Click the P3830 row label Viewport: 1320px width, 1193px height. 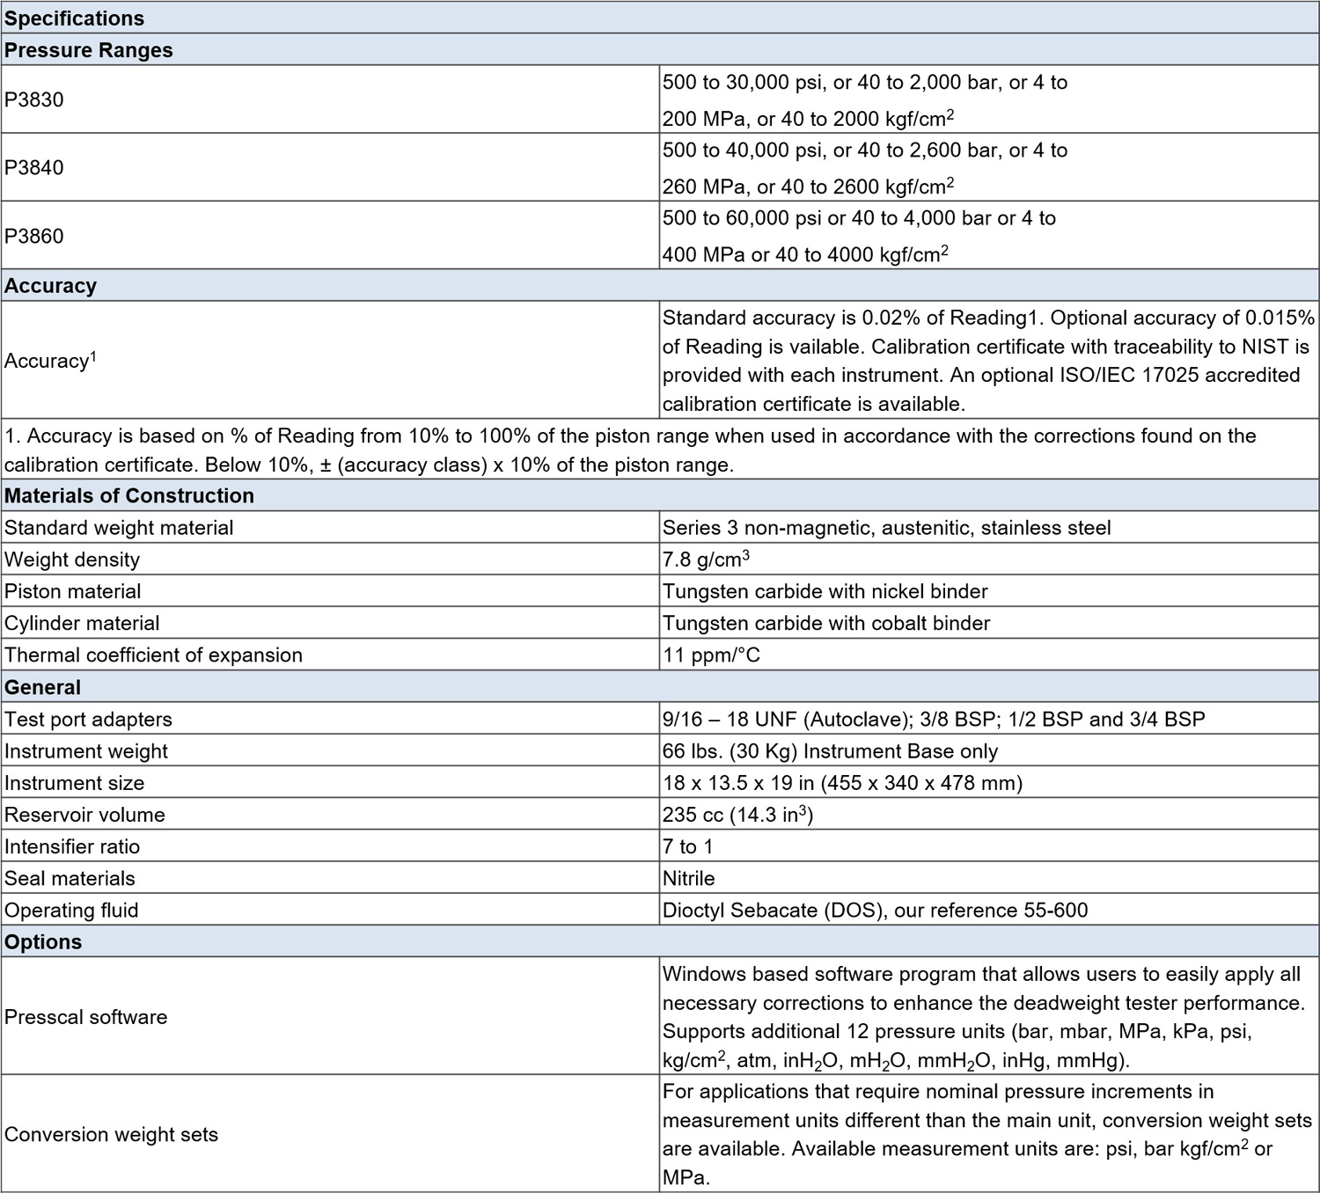[34, 99]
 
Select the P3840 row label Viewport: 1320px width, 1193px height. [34, 167]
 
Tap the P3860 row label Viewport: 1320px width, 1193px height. [34, 236]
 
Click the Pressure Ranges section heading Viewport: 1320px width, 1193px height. [89, 50]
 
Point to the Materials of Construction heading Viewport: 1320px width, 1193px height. [129, 495]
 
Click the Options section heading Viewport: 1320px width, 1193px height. [43, 941]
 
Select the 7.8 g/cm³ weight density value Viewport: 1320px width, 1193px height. [706, 560]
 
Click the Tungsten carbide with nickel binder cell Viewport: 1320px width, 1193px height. [825, 591]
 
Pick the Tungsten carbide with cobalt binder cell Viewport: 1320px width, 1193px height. [826, 623]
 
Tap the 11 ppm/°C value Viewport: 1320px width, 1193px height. [711, 655]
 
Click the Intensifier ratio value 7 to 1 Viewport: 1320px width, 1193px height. [687, 846]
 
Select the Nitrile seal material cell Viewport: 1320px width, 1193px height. [688, 878]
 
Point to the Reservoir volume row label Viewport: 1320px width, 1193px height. [84, 815]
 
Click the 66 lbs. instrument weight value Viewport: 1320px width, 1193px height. [830, 751]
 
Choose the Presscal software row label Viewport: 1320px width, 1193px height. [85, 1016]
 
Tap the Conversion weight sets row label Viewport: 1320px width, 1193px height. [111, 1134]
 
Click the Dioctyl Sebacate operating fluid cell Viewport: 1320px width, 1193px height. [875, 910]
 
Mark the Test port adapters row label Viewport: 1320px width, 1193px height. [88, 719]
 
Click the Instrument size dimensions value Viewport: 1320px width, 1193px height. [842, 783]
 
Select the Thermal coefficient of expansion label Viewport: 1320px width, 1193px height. [153, 655]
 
